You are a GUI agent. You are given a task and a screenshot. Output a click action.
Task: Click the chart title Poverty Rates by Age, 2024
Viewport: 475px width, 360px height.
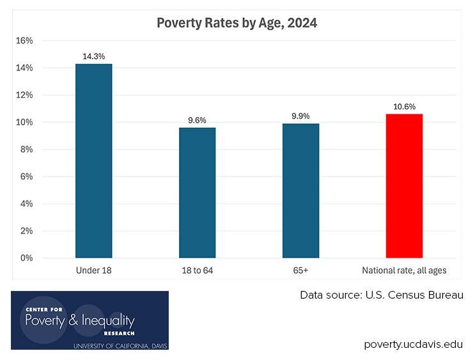click(237, 24)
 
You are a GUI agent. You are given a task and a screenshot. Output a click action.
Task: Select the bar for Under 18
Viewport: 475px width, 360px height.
click(93, 161)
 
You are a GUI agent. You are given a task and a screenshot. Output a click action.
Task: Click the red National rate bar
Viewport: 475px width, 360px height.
click(404, 186)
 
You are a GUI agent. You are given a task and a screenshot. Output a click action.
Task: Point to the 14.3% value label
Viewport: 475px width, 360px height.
click(93, 56)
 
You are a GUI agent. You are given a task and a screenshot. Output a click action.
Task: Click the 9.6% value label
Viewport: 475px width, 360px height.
click(197, 120)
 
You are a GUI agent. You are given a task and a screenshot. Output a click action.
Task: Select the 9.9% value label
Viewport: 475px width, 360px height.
click(300, 116)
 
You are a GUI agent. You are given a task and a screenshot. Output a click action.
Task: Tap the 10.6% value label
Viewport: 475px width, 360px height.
click(404, 107)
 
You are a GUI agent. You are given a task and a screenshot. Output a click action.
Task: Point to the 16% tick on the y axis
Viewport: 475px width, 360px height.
click(24, 40)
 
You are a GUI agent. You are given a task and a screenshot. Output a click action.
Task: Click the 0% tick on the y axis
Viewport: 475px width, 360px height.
click(26, 258)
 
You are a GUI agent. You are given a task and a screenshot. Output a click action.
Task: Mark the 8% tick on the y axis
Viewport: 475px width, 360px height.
click(26, 150)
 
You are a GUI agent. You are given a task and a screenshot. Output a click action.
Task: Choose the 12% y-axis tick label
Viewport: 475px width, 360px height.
click(24, 95)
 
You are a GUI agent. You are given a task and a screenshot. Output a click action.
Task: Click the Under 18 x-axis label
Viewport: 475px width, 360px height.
click(93, 271)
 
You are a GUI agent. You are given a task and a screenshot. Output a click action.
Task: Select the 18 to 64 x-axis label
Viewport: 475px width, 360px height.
click(197, 271)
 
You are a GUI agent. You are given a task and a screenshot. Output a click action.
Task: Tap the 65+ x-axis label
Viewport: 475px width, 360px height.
click(300, 271)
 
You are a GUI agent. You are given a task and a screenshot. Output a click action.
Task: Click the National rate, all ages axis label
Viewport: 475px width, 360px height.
click(404, 271)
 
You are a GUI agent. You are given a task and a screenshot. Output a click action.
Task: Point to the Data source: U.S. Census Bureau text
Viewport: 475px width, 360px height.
click(382, 295)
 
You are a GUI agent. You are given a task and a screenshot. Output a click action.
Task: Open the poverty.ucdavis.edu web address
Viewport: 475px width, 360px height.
click(414, 344)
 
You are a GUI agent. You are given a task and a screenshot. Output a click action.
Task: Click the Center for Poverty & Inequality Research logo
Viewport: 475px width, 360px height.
click(90, 320)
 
